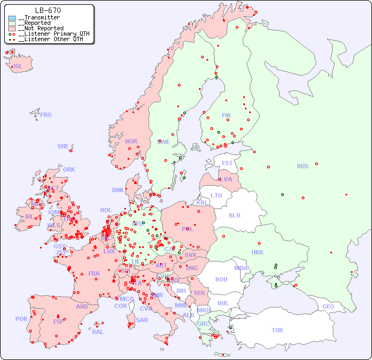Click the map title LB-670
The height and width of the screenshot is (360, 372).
click(48, 10)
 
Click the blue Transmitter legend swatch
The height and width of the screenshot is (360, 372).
click(12, 18)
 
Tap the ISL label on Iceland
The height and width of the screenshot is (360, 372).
click(18, 67)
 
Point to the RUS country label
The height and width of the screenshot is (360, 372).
click(302, 166)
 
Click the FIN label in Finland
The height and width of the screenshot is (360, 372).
click(226, 115)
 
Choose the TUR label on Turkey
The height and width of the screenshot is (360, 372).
click(277, 330)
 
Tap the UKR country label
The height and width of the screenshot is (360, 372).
click(257, 252)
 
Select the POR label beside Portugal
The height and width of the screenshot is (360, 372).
click(21, 319)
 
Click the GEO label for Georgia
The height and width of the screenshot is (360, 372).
click(328, 306)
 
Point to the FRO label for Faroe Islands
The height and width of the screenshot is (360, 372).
click(45, 115)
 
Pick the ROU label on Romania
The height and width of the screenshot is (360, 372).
click(221, 279)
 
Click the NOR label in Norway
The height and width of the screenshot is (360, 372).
click(131, 141)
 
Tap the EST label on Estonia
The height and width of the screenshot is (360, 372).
click(227, 163)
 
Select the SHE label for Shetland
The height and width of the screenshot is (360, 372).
click(63, 146)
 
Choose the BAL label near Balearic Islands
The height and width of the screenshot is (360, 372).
click(97, 332)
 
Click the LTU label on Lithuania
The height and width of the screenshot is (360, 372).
click(216, 195)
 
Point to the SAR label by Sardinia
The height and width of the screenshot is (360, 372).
click(142, 320)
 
